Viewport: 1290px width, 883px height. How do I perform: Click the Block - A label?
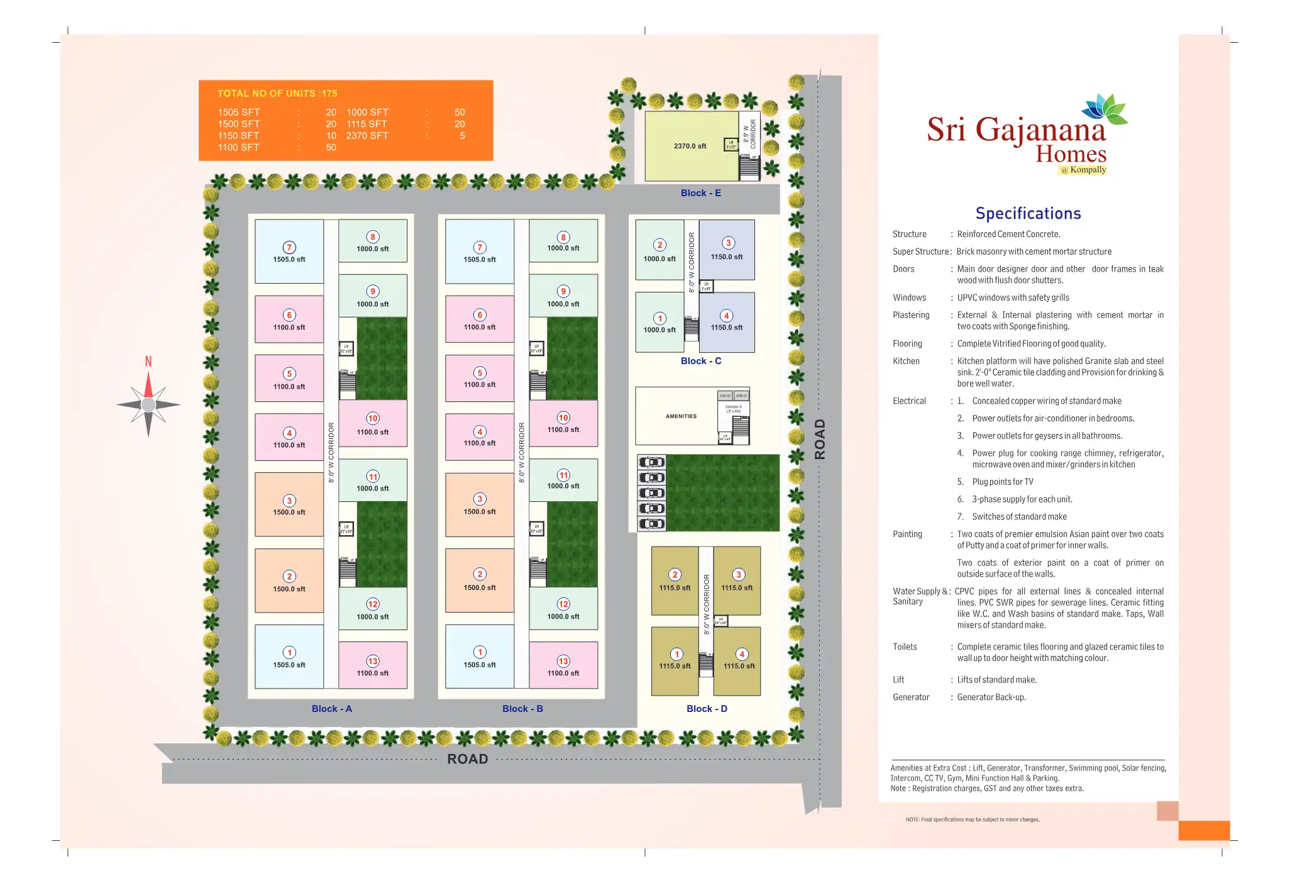[x=331, y=709]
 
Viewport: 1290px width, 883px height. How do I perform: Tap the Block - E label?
[x=700, y=193]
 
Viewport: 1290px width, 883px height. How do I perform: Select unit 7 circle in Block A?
[x=289, y=247]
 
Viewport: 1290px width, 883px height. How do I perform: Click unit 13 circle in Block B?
[x=563, y=661]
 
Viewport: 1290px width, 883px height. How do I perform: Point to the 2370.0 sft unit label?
[x=690, y=146]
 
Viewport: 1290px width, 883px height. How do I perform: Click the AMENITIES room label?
[x=681, y=416]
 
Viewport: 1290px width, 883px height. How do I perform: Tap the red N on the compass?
[x=148, y=362]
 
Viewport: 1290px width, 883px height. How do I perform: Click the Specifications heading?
[x=1028, y=214]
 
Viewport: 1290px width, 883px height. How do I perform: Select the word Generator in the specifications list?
[x=910, y=697]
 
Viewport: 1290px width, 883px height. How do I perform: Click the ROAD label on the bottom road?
[x=467, y=759]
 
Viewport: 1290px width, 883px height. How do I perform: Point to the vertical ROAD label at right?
[x=820, y=439]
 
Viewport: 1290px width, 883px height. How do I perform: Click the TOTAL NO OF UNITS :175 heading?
[x=277, y=94]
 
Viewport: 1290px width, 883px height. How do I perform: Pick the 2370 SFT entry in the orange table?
[x=367, y=136]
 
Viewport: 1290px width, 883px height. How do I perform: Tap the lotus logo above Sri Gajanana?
[x=1106, y=108]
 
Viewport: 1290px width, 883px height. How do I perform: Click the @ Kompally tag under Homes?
[x=1083, y=170]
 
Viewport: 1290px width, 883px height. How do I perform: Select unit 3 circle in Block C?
[x=728, y=243]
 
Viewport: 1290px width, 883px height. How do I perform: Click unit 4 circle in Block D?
[x=742, y=654]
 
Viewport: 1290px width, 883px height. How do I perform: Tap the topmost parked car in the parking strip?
[x=652, y=463]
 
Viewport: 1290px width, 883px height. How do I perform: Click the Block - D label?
[x=707, y=709]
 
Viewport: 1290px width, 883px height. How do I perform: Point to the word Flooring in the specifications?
[x=907, y=343]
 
